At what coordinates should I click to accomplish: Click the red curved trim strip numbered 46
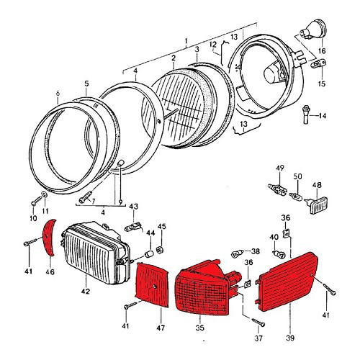pos(49,237)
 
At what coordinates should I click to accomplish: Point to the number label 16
pos(322,52)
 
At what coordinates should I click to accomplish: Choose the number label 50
pos(297,176)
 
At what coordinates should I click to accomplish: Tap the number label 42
pos(86,292)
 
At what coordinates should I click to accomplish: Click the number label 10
pos(32,217)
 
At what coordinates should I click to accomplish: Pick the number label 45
pos(162,228)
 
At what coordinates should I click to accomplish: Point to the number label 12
pos(214,46)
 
